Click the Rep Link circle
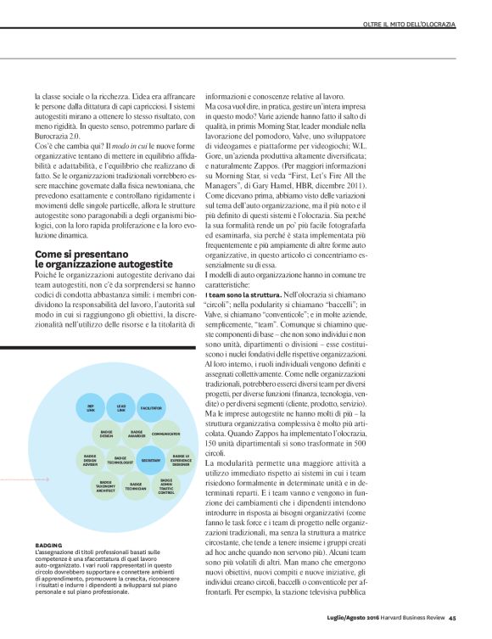[91, 408]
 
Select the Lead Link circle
[120, 408]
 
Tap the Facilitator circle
[151, 408]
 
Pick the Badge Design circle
[106, 434]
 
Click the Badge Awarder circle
[137, 434]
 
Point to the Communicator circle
[166, 434]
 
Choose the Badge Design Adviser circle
[91, 460]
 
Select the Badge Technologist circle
[120, 460]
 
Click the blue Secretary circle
[151, 459]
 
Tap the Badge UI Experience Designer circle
[182, 460]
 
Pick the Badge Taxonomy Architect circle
[106, 486]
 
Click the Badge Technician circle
[137, 486]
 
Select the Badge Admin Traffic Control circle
[166, 486]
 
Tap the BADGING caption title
[48, 544]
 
